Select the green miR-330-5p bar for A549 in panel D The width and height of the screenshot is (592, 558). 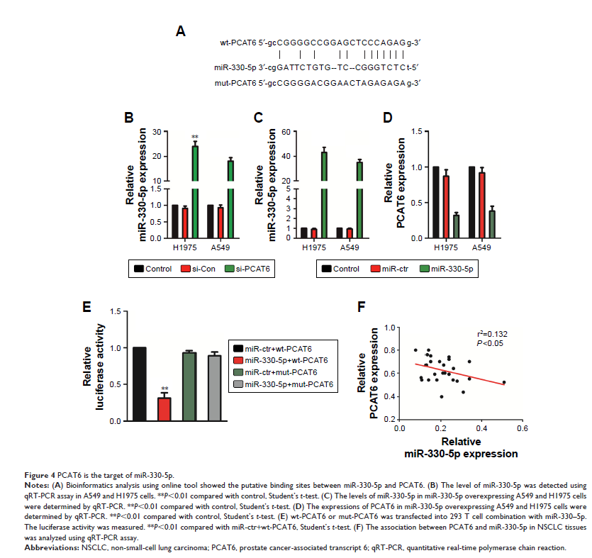492,226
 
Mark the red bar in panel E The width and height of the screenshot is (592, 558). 164,409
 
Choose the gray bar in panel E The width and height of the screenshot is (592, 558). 214,388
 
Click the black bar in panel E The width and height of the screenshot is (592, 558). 138,384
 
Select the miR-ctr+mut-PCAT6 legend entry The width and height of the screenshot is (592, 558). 281,372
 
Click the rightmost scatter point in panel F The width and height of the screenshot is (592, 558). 504,382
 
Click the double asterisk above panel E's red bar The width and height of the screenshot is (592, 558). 164,389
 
